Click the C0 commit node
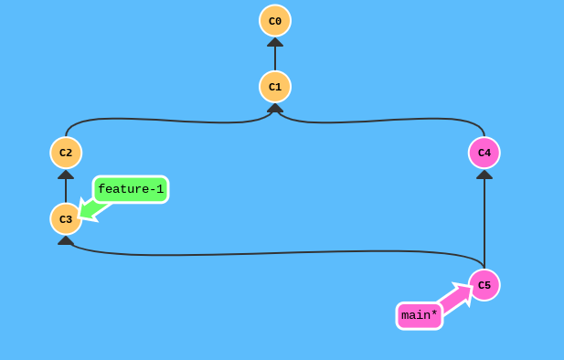pos(275,20)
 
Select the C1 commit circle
pos(275,87)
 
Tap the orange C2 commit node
pos(66,153)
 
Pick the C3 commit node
pos(66,219)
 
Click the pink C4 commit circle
pos(484,153)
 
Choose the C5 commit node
pos(484,285)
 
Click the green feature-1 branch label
pos(131,189)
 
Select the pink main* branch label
pos(420,315)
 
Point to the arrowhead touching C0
pos(275,42)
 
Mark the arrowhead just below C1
pos(275,108)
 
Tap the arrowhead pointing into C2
pos(66,174)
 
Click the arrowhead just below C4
pos(484,174)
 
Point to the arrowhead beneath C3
pos(66,240)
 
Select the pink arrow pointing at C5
pos(457,296)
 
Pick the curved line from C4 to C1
pos(384,120)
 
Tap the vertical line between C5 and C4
pos(484,224)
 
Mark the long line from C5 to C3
pos(274,252)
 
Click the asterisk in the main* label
pos(433,313)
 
